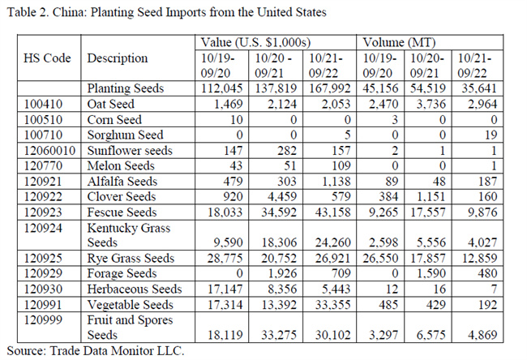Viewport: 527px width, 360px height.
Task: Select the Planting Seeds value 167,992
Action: [328, 89]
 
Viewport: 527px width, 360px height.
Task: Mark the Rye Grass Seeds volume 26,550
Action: [381, 258]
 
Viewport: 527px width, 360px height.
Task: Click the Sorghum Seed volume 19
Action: [484, 135]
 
